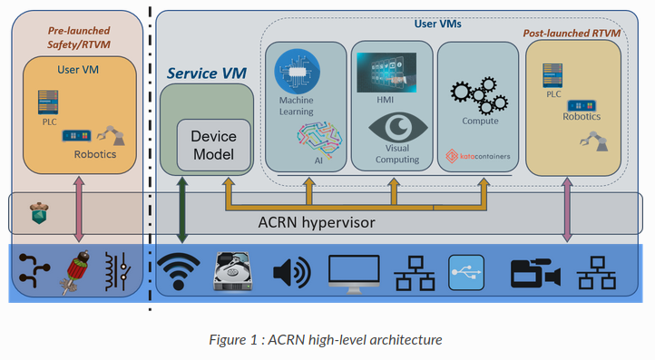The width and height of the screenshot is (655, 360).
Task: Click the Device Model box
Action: (212, 144)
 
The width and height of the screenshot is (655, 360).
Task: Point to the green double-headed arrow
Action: (182, 211)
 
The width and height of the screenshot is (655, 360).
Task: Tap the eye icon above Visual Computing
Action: (393, 125)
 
